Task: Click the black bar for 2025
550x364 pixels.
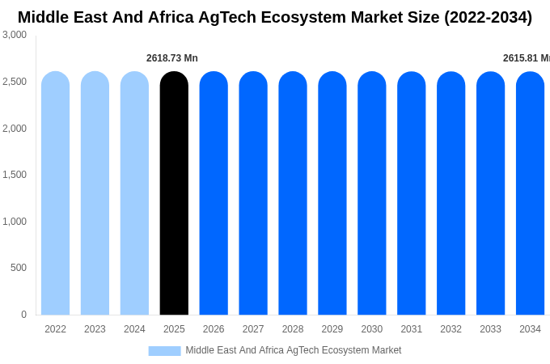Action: [x=174, y=193]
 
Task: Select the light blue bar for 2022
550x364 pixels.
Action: [x=55, y=193]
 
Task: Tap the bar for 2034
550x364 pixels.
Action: [x=530, y=193]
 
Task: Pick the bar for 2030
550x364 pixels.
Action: [x=372, y=193]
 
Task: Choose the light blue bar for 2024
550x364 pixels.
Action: [x=134, y=193]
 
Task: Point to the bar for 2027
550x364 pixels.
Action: [x=253, y=193]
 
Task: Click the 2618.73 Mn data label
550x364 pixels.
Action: [x=171, y=58]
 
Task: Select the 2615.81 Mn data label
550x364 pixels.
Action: [x=526, y=58]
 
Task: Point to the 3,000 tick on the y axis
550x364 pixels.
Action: [x=15, y=35]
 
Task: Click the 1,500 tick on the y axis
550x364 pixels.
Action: [x=15, y=175]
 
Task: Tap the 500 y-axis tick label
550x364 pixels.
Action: [x=18, y=268]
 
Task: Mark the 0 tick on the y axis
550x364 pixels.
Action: [x=23, y=315]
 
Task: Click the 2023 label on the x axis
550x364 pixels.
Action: [x=95, y=329]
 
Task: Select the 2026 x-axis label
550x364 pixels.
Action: [x=214, y=329]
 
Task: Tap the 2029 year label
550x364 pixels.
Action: [x=332, y=329]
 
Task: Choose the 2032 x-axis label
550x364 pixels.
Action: [x=451, y=329]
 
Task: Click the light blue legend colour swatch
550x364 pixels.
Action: [x=164, y=351]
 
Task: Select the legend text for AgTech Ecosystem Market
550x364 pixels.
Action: [x=293, y=350]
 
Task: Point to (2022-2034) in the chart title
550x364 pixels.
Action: [x=488, y=17]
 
